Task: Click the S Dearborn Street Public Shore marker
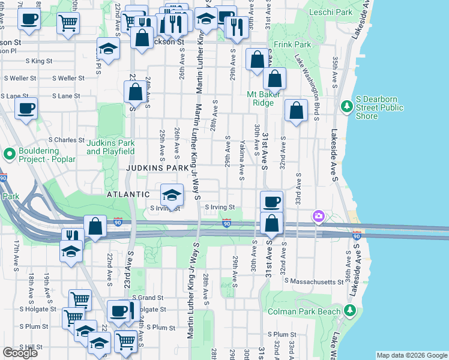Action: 346,107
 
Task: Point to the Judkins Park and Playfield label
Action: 110,147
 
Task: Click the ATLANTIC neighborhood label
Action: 128,194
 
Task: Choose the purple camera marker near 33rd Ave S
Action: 318,216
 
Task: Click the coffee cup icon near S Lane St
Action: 26,109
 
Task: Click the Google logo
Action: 20,353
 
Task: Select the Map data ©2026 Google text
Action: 411,355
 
